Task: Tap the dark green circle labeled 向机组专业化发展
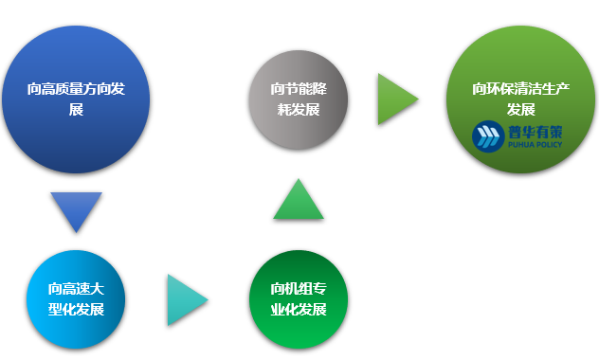(299, 298)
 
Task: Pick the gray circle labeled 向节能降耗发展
(299, 99)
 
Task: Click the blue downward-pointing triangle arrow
(76, 210)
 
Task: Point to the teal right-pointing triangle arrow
(186, 299)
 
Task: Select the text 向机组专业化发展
(299, 298)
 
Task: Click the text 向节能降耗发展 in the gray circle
(299, 99)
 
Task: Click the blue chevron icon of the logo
(487, 137)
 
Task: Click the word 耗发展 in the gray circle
(299, 109)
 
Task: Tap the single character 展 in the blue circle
(77, 110)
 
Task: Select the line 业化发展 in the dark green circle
(299, 310)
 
